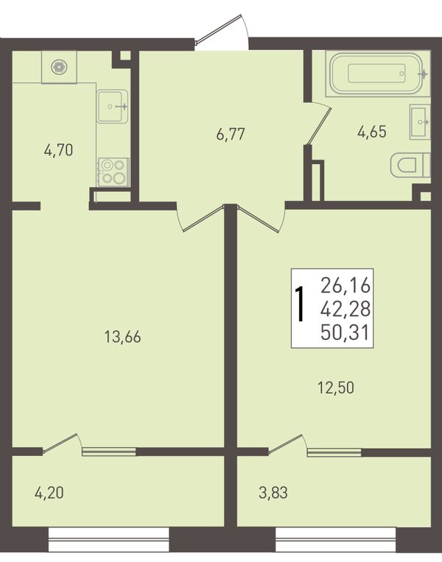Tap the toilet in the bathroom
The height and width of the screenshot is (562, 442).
[x=410, y=165]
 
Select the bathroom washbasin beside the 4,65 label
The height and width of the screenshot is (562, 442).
[x=420, y=122]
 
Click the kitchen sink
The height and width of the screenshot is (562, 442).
[x=113, y=106]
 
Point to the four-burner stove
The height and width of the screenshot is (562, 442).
[x=114, y=172]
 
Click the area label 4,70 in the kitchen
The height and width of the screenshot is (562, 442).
[x=58, y=151]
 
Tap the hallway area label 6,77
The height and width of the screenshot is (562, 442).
[x=231, y=135]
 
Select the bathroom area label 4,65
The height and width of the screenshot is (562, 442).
[x=371, y=132]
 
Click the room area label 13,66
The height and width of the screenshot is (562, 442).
[x=122, y=337]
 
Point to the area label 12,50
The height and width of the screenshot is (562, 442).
[x=336, y=388]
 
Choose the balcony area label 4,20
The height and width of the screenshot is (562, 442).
[x=49, y=493]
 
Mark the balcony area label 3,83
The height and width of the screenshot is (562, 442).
[x=273, y=493]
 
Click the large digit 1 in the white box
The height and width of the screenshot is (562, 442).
[x=300, y=305]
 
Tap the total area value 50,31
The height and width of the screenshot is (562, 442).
[x=345, y=333]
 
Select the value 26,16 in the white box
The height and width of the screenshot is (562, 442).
[x=345, y=285]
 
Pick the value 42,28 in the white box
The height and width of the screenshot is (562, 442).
[x=345, y=309]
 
